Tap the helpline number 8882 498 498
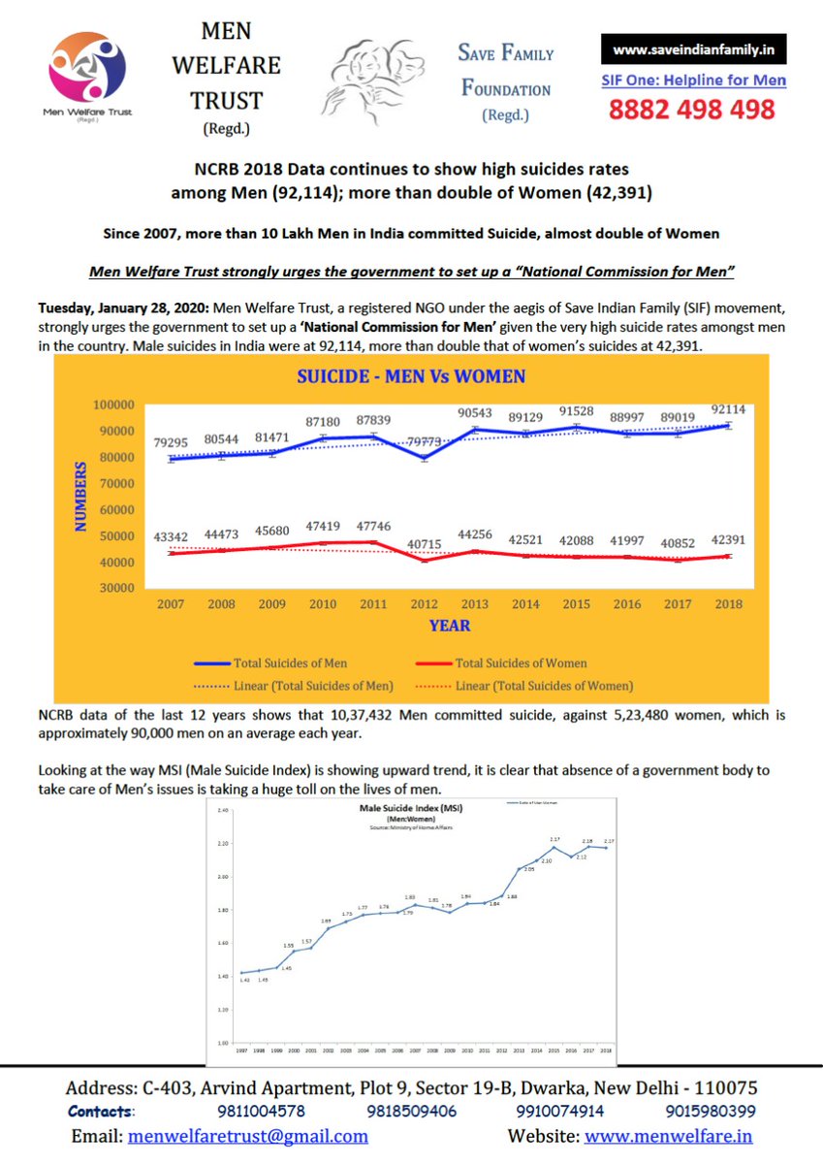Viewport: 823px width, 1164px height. [x=692, y=110]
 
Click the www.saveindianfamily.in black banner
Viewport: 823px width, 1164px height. [x=693, y=49]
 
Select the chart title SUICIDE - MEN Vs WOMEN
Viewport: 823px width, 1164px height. [x=411, y=376]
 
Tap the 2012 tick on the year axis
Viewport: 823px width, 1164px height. [x=423, y=603]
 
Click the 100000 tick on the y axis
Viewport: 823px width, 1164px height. [x=114, y=404]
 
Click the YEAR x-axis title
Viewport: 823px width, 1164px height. [x=450, y=626]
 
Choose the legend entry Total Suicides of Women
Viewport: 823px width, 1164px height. [x=521, y=663]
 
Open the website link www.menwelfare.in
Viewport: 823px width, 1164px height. [x=668, y=1136]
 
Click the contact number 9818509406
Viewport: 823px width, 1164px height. [x=411, y=1112]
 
